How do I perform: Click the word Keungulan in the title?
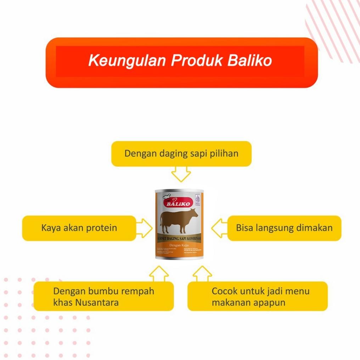pos(127,61)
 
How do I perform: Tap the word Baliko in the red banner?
pos(249,61)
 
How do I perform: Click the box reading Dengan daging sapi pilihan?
pos(181,154)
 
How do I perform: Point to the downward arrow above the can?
pos(181,174)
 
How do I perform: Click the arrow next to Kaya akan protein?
pos(144,228)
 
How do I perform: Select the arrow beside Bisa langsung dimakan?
pos(220,228)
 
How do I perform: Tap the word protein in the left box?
pos(100,227)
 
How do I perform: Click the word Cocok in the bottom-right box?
pos(224,291)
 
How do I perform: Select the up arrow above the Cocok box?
pos(202,273)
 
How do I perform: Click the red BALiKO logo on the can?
pos(178,203)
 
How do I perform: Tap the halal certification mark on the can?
pos(198,199)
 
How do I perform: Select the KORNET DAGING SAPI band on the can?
pos(179,238)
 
